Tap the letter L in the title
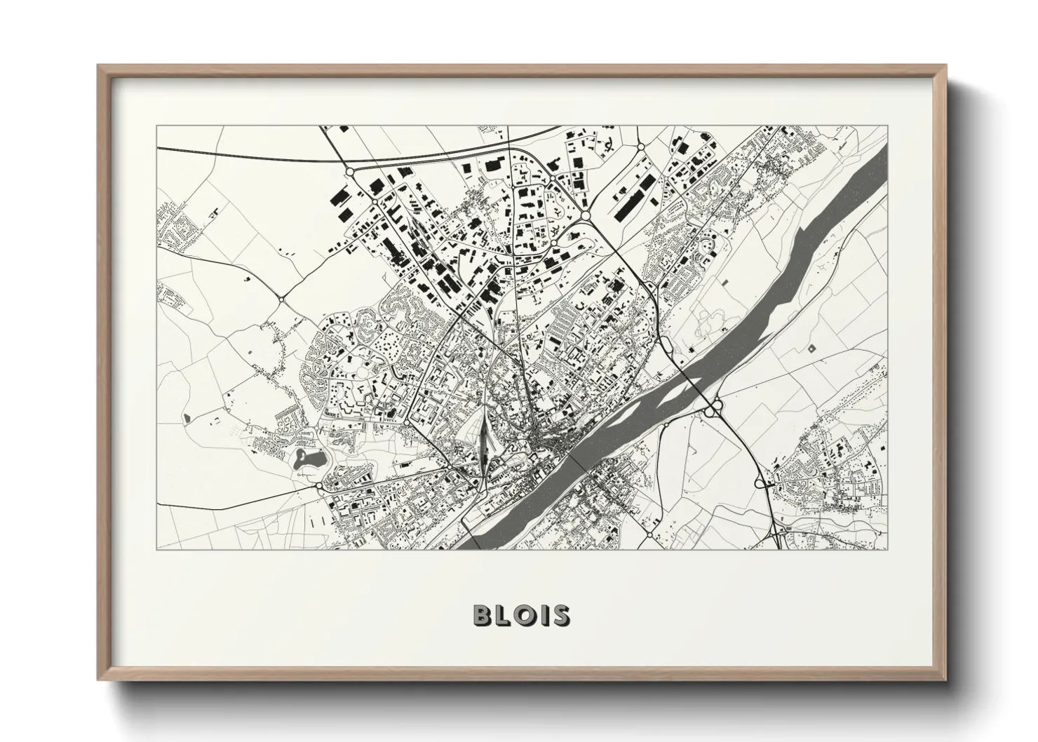[506, 615]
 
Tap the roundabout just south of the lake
[320, 485]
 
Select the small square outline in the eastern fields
[812, 348]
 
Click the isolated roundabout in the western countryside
[281, 299]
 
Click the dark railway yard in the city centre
[483, 450]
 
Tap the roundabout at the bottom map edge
[648, 535]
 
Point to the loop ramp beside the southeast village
[760, 483]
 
